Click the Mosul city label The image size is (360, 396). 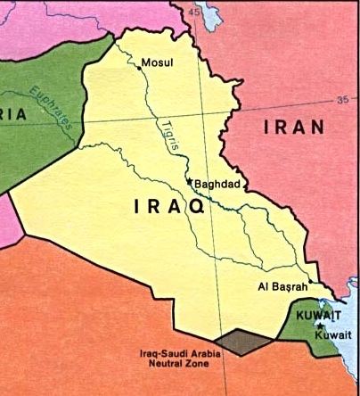(x=159, y=63)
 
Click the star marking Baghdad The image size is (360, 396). (x=189, y=182)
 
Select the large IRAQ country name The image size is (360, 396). (x=168, y=207)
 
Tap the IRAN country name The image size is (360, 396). (x=293, y=128)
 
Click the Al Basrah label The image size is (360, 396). (x=282, y=287)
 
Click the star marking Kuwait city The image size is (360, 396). (x=319, y=327)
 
